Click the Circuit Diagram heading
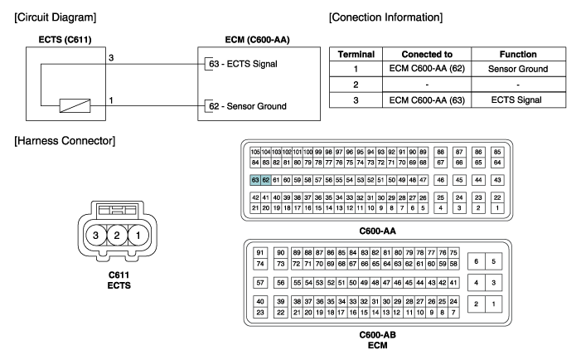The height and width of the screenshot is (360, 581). pos(56,17)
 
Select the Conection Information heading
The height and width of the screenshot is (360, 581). pos(385,17)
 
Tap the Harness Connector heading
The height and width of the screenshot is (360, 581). pos(65,141)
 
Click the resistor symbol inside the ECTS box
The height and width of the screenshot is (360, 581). pos(75,105)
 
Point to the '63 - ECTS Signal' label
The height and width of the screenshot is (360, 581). pos(243,64)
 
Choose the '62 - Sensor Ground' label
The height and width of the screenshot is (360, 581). pos(248,106)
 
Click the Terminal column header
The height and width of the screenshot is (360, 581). pos(356,54)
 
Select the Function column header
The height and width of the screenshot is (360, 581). pos(518,54)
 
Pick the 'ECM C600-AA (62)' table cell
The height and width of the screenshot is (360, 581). pos(427,69)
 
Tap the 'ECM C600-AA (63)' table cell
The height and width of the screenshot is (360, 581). pos(427,100)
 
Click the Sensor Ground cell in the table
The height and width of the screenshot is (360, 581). pos(518,69)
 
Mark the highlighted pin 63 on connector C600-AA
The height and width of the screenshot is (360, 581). pos(255,180)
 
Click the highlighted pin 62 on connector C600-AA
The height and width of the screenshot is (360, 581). pos(266,180)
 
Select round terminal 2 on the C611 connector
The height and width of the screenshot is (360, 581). pos(117,235)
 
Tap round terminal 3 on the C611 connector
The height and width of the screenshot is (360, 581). pos(95,235)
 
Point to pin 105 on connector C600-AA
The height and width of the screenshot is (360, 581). pos(255,152)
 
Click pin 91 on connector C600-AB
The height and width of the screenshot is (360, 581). pos(260,253)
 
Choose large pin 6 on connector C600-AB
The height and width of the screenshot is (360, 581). pos(476,261)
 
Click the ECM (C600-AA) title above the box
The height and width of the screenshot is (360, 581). pos(257,40)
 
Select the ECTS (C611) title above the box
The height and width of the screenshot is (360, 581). pos(65,40)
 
